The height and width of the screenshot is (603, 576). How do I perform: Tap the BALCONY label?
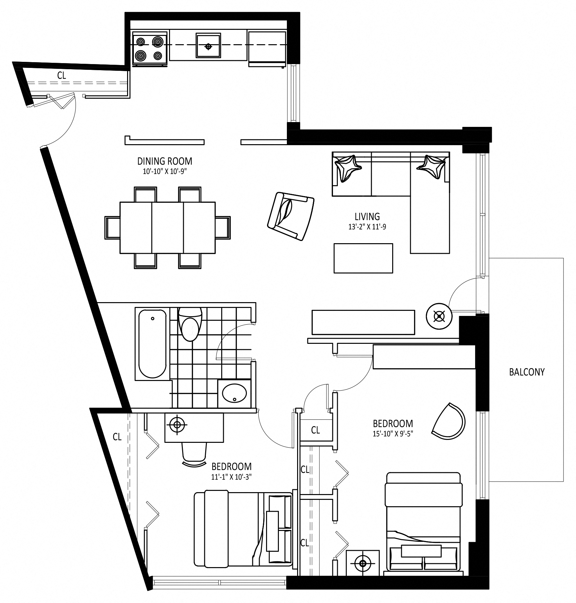point(527,372)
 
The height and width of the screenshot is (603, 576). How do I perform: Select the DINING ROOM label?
point(165,161)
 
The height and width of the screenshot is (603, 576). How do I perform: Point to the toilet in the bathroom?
point(190,324)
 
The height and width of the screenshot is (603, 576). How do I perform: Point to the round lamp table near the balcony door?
point(439,316)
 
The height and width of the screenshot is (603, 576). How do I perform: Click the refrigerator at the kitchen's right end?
point(267,49)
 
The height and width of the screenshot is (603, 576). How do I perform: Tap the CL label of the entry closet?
point(61,75)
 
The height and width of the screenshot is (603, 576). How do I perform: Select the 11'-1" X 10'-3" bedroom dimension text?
point(231,476)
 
